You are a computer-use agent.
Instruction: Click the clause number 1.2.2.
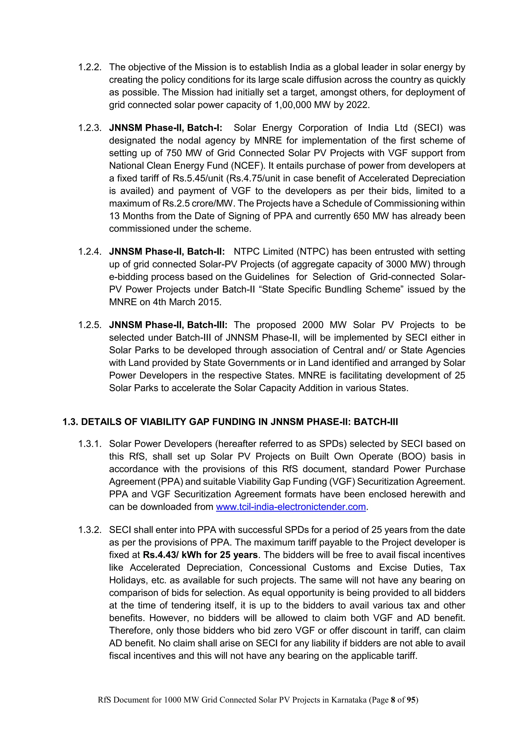point(90,67)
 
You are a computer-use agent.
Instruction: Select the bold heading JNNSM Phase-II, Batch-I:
point(166,128)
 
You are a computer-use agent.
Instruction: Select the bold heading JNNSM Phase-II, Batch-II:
point(167,252)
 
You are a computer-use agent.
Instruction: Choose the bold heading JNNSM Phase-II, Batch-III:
point(168,325)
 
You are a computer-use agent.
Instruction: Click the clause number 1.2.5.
point(90,325)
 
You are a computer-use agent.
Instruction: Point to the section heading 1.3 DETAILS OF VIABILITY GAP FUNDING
point(230,422)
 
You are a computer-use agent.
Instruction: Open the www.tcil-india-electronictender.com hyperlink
point(291,507)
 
